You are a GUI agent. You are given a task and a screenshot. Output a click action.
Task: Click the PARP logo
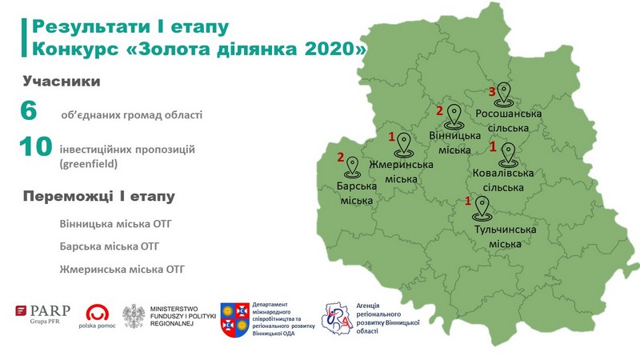point(43,314)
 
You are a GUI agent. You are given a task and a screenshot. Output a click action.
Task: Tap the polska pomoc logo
point(97,316)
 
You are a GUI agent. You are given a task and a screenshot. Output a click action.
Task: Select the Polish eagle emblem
point(134,316)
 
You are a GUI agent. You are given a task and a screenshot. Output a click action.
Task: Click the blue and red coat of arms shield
point(234,319)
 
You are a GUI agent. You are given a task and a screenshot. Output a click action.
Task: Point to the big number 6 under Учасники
point(29,110)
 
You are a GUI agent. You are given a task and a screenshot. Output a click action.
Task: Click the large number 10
point(35,146)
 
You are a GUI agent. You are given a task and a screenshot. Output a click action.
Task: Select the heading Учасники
point(62,82)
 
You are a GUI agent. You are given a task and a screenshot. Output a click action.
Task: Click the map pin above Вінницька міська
point(454,116)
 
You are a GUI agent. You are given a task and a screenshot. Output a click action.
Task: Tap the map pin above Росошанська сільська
point(504,94)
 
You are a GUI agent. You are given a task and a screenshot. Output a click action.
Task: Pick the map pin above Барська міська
point(352,167)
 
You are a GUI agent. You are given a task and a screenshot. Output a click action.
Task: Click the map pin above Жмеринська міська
point(404,145)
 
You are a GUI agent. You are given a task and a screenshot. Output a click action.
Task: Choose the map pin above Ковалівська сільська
point(508,155)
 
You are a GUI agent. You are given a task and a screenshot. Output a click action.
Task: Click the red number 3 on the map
point(492,92)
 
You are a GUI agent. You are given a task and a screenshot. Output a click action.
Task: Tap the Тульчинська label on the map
point(505,230)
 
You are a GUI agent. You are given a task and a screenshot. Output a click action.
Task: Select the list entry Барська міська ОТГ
point(110,246)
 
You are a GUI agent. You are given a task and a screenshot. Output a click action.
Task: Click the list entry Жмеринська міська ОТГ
point(122,270)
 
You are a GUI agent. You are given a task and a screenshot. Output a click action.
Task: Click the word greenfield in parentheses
point(89,164)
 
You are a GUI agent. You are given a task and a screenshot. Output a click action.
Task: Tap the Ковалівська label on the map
point(503,173)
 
